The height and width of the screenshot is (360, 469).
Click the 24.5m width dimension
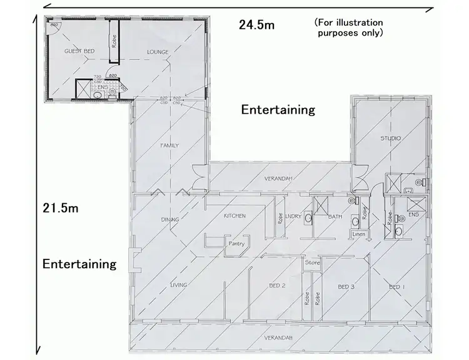(256, 25)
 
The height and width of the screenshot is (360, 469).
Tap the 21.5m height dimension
(61, 207)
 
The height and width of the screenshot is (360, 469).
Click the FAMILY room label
(169, 146)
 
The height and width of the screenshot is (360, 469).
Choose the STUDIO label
(391, 138)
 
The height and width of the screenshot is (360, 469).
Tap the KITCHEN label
(234, 216)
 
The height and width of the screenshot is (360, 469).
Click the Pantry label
(236, 244)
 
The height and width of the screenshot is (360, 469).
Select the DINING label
(169, 219)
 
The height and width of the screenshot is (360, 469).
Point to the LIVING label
(179, 286)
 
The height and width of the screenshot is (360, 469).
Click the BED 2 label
(277, 286)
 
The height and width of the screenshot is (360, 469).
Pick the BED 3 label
(346, 287)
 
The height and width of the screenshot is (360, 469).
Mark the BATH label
(335, 217)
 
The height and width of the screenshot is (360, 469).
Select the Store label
(312, 262)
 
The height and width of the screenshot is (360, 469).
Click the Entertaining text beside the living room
(79, 264)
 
